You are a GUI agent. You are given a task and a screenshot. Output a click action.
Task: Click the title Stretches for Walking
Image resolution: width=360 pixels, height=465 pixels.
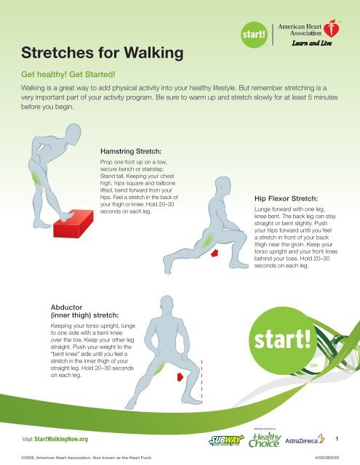click(102, 53)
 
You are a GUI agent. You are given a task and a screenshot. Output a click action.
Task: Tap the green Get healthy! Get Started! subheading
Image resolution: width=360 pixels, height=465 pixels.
click(68, 74)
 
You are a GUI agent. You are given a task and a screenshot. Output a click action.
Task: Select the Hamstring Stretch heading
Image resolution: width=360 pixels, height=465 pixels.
click(131, 151)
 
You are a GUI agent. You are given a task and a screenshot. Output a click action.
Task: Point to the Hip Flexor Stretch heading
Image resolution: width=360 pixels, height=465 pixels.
click(286, 198)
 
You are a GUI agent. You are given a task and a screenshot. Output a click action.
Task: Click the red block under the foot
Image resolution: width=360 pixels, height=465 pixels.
click(73, 223)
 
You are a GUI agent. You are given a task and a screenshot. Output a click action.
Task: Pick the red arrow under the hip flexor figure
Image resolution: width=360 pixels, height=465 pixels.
click(215, 253)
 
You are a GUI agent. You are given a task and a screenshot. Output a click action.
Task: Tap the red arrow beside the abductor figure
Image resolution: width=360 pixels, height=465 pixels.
click(180, 377)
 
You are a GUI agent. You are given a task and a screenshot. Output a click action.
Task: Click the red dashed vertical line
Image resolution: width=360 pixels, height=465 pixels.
click(201, 381)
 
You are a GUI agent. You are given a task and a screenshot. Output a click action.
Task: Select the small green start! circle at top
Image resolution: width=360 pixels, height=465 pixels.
click(254, 34)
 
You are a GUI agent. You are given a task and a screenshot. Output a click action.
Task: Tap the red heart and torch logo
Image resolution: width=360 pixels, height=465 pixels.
click(332, 28)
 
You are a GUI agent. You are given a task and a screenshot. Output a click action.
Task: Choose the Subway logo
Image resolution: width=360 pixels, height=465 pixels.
click(226, 440)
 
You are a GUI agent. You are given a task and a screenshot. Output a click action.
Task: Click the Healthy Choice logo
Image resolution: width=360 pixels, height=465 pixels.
click(265, 440)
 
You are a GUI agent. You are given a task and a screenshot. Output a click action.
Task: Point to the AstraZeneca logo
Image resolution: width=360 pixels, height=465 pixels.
click(305, 440)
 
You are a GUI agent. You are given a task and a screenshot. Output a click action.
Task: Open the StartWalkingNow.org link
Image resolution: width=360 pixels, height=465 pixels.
click(61, 439)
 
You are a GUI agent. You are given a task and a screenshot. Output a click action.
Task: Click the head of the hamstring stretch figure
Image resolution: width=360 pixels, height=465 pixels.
click(73, 134)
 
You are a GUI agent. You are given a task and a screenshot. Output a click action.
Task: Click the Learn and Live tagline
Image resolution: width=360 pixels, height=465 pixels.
click(311, 44)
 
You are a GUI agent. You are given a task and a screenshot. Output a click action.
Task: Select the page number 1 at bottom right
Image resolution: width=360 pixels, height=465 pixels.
click(337, 439)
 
